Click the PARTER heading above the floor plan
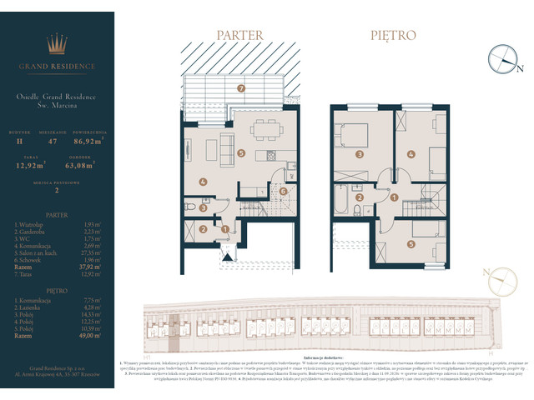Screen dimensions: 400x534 239,36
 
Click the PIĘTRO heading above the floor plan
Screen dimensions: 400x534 393,36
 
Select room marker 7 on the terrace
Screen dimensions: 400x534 240,87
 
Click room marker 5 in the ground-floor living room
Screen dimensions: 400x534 240,153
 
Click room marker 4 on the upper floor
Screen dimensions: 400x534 411,154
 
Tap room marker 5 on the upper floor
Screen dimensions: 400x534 411,244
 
